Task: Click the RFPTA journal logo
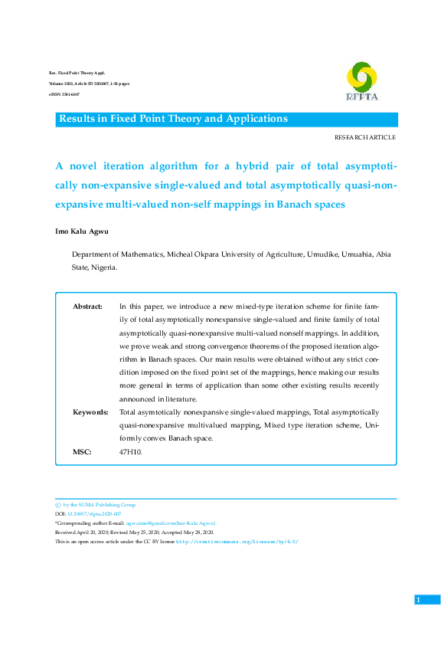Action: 361,80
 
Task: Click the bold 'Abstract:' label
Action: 87,306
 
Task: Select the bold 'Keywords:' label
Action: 90,412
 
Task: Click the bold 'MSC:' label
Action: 82,452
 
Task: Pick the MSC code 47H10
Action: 130,452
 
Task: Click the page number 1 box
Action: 418,599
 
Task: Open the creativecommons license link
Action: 237,542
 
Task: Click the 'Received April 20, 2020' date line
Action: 85,533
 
